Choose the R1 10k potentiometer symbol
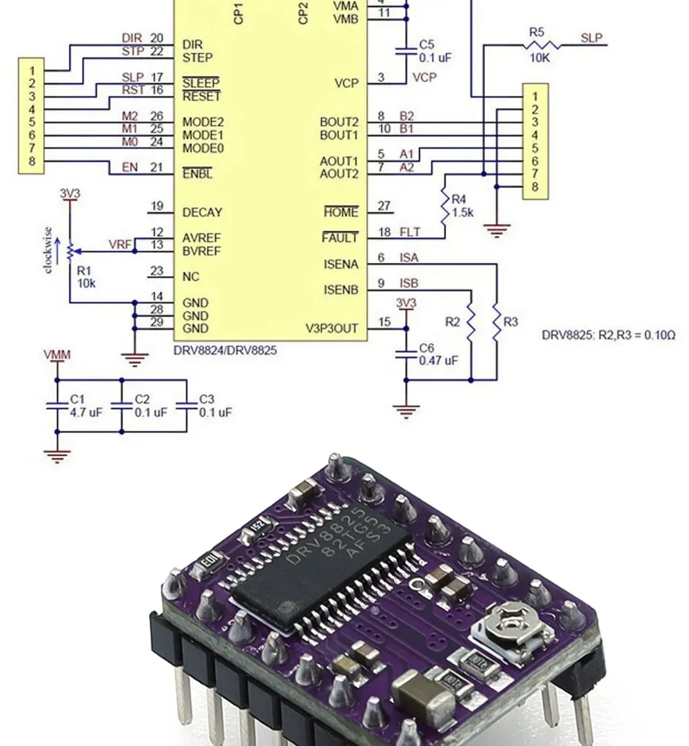(x=70, y=252)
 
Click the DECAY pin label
(x=202, y=213)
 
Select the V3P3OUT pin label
(x=331, y=329)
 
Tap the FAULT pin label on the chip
(x=340, y=238)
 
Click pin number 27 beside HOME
(x=384, y=206)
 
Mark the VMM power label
(x=56, y=355)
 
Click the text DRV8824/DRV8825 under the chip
(x=225, y=351)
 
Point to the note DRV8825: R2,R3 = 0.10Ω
(x=608, y=336)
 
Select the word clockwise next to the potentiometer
(x=48, y=249)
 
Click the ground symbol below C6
(x=407, y=411)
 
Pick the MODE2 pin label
(x=203, y=122)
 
